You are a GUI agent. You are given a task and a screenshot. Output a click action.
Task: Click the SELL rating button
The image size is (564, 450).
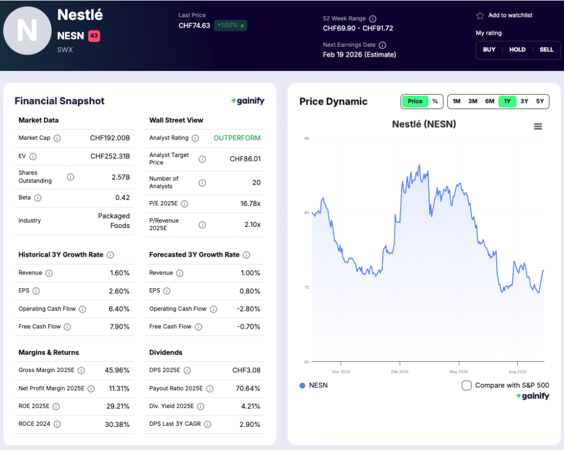546,50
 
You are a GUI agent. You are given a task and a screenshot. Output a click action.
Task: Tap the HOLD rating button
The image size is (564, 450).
517,50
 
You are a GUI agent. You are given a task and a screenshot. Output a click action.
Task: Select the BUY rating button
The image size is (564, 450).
489,50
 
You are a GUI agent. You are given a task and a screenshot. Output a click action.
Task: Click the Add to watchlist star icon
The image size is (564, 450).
480,15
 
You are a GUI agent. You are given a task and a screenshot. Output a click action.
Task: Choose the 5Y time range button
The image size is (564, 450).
540,101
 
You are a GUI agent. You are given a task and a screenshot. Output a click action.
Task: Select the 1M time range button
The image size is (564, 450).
456,101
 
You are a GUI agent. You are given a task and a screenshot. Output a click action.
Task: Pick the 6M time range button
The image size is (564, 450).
490,101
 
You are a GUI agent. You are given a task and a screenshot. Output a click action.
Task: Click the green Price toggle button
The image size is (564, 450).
415,101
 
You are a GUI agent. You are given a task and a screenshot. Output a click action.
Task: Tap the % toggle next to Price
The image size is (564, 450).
435,101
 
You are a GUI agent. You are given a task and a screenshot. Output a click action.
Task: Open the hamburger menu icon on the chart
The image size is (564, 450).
538,126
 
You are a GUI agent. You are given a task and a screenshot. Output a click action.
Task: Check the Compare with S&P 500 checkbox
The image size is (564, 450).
467,386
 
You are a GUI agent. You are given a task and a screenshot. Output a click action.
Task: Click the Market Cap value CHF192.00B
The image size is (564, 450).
110,138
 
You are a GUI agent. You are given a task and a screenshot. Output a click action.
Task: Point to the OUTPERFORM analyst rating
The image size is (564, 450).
237,138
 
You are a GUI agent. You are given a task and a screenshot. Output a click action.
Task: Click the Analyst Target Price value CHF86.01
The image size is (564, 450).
245,159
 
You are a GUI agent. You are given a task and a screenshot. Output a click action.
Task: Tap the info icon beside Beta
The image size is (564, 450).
38,198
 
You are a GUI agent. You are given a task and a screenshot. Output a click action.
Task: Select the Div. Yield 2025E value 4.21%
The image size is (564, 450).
250,406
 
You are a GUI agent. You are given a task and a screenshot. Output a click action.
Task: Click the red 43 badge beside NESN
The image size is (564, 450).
94,36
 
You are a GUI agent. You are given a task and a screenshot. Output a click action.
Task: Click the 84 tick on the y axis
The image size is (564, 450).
307,213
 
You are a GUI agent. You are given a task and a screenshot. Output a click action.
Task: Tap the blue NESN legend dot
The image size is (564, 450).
302,386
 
